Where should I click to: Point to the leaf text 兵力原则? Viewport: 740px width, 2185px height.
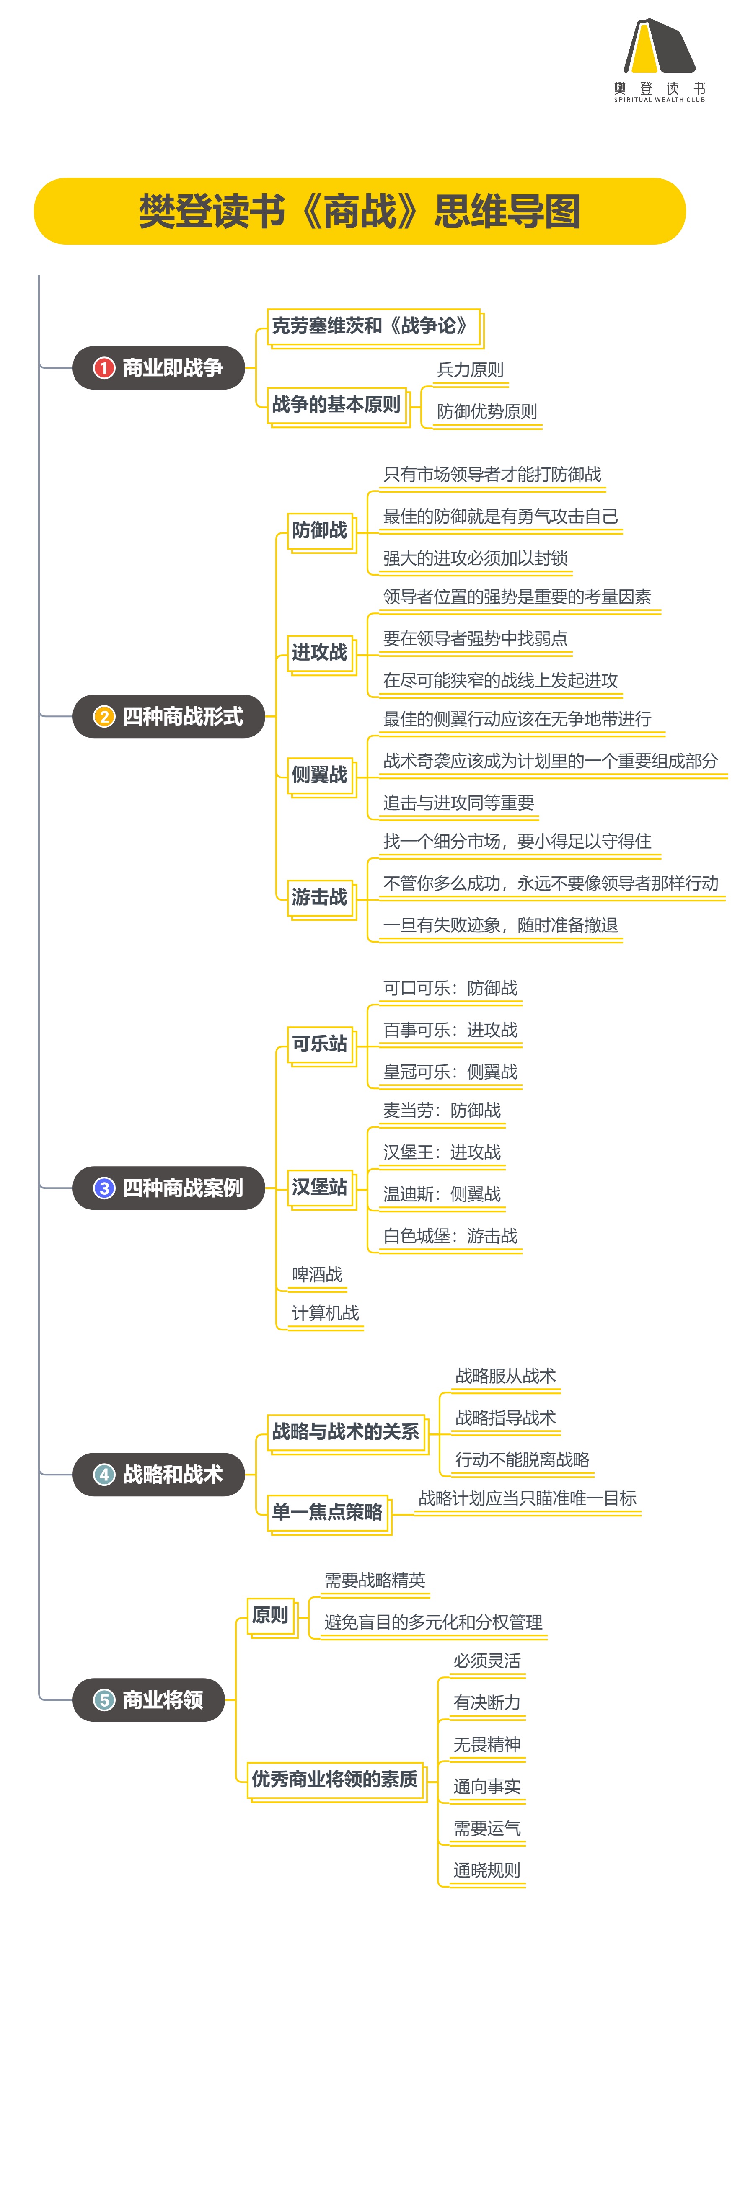coord(469,370)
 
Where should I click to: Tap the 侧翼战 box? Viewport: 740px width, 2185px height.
coord(320,775)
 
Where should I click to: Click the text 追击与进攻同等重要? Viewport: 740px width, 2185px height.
coord(458,803)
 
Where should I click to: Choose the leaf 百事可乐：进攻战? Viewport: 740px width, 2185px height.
coord(450,1030)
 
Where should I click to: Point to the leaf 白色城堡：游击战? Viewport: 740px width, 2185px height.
coord(450,1236)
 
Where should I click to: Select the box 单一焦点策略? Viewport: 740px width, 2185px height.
coord(328,1511)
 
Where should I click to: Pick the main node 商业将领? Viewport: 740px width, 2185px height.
coord(148,1700)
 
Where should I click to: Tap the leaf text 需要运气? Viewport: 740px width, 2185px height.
coord(486,1828)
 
